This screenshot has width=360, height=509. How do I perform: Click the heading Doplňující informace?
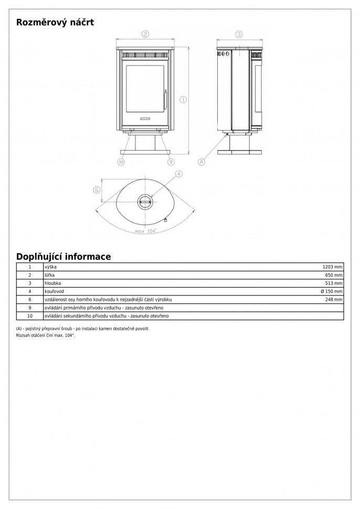pyautogui.click(x=63, y=257)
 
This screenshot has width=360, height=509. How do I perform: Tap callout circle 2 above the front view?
pyautogui.click(x=145, y=34)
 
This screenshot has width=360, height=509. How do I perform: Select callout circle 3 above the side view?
pyautogui.click(x=239, y=35)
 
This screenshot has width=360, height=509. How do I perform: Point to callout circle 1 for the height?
pyautogui.click(x=183, y=99)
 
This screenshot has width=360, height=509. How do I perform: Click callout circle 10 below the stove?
pyautogui.click(x=121, y=162)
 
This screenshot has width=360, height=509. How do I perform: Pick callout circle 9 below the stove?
pyautogui.click(x=171, y=162)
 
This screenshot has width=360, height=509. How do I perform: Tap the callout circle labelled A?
pyautogui.click(x=201, y=162)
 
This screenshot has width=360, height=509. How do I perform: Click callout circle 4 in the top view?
pyautogui.click(x=178, y=174)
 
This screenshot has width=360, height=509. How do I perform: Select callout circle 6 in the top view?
pyautogui.click(x=97, y=190)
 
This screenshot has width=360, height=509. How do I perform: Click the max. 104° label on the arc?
pyautogui.click(x=145, y=231)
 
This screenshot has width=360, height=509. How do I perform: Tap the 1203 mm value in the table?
pyautogui.click(x=333, y=267)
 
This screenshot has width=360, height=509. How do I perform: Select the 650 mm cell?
pyautogui.click(x=334, y=275)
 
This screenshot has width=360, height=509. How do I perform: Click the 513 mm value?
pyautogui.click(x=334, y=283)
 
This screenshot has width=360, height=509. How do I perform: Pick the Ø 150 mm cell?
pyautogui.click(x=331, y=291)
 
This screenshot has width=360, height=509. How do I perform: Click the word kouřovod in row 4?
pyautogui.click(x=54, y=291)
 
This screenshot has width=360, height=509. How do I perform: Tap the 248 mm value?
pyautogui.click(x=334, y=300)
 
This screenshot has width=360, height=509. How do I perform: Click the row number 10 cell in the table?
pyautogui.click(x=30, y=316)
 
